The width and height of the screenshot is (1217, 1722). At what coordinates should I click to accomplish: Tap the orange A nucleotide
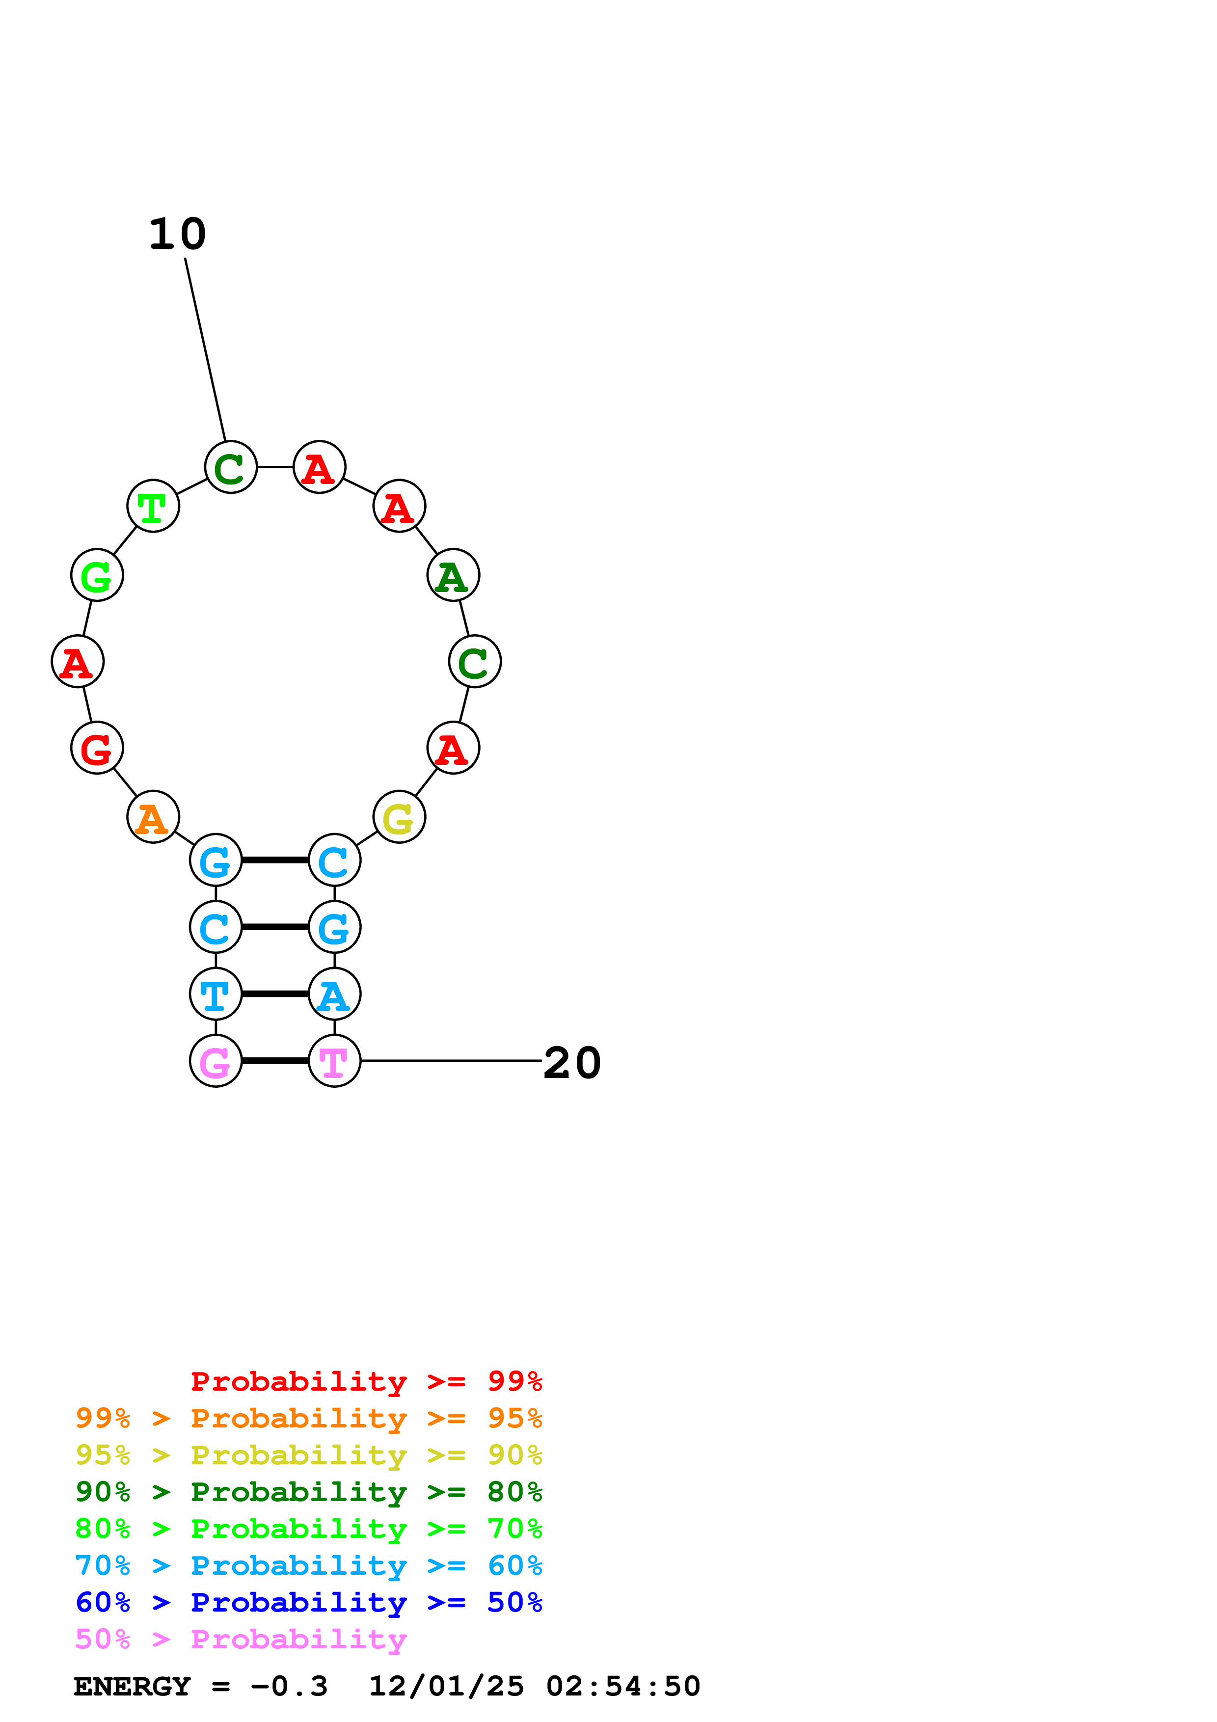point(153,817)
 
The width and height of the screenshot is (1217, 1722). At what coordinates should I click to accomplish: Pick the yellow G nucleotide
point(399,817)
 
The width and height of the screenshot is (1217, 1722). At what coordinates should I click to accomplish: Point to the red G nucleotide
point(97,748)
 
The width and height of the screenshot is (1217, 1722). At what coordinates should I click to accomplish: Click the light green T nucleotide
point(153,506)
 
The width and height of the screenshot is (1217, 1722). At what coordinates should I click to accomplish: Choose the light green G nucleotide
point(97,575)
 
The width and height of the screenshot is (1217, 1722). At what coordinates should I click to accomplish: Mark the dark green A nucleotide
point(453,575)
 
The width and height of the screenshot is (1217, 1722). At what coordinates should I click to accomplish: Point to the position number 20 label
point(572,1063)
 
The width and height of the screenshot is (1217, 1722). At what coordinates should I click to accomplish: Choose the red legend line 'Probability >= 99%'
point(366,1381)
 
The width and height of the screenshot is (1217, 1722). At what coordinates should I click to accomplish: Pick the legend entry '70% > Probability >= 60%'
point(308,1566)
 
